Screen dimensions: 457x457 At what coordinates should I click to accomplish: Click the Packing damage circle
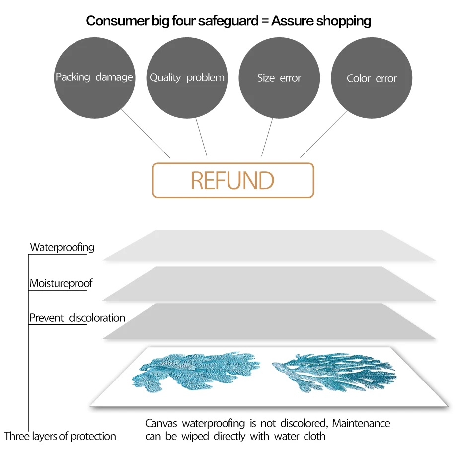tap(94, 77)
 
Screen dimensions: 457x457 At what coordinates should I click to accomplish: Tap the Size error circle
tap(279, 78)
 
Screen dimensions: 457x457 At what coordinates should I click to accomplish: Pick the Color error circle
tap(372, 78)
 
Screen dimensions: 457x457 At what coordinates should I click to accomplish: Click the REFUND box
tap(233, 180)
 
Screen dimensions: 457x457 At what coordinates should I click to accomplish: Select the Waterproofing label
tap(62, 247)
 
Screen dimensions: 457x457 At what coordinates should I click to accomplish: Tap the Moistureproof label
tap(61, 283)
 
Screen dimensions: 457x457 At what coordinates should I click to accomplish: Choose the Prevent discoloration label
tap(77, 318)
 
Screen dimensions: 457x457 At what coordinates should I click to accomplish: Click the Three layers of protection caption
tap(60, 436)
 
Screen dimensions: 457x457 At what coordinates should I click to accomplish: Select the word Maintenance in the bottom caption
tap(361, 424)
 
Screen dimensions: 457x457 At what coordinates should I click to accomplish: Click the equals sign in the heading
tap(262, 21)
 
